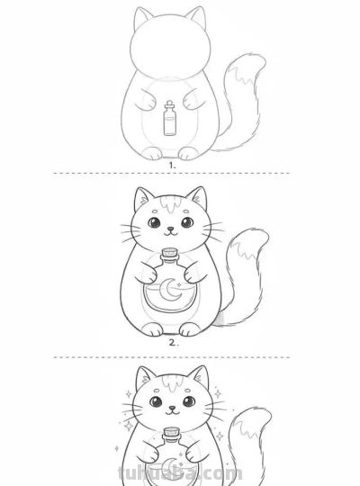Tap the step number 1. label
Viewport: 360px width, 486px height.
click(x=171, y=166)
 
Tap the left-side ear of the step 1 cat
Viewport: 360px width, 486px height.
click(x=141, y=19)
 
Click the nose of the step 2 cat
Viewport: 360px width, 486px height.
click(x=169, y=229)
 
